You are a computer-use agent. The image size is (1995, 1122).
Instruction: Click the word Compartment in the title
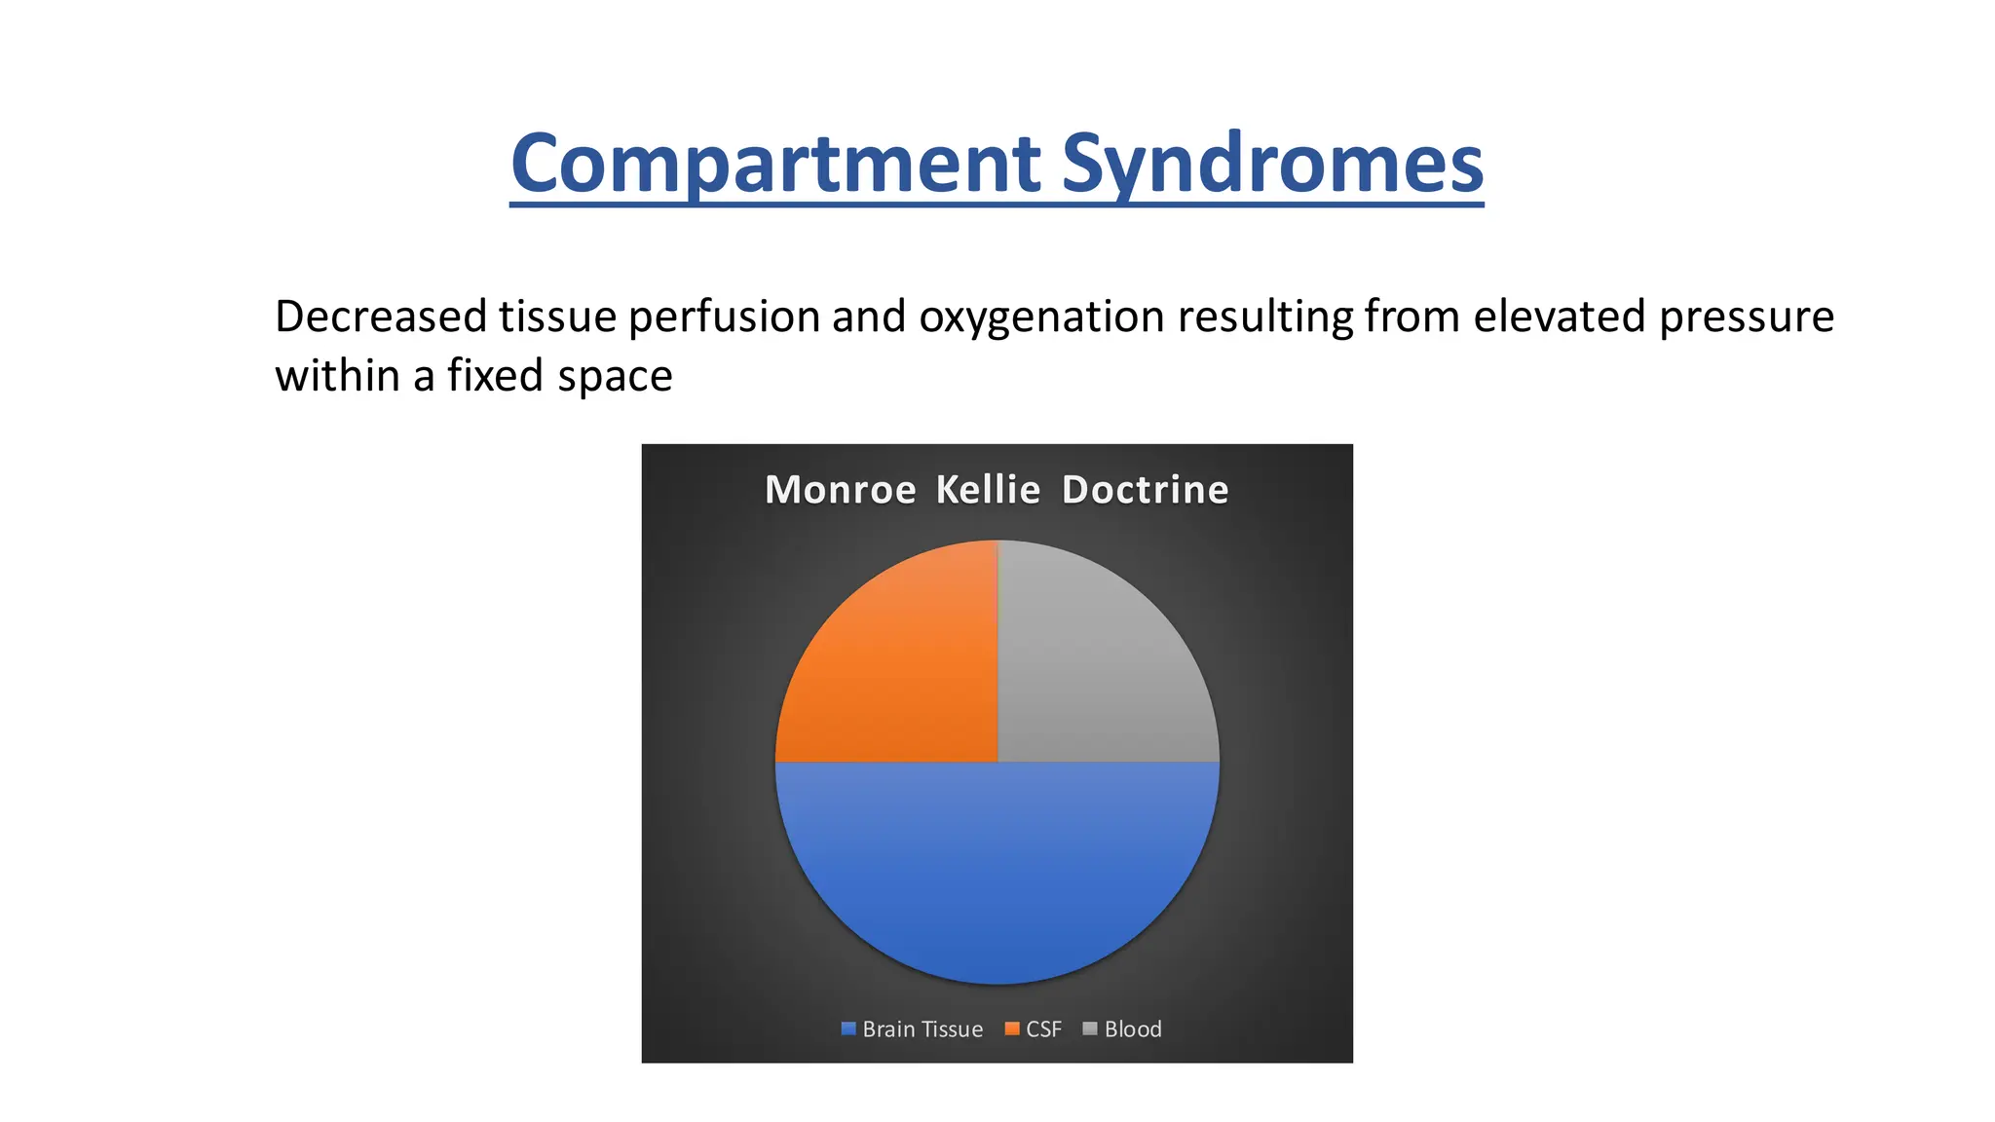pos(775,164)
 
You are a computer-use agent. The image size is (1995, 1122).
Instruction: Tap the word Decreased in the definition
pos(380,317)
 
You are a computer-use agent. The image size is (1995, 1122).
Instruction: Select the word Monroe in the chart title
pos(840,490)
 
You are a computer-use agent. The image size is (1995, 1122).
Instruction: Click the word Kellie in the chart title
pos(988,489)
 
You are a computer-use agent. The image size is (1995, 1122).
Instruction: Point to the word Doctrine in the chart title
pos(1145,489)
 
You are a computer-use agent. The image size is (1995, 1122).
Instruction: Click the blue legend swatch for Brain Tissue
pos(848,1028)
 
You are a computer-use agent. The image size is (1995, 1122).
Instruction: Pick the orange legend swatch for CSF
pos(1012,1028)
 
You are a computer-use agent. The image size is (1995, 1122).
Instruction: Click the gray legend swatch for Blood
pos(1090,1028)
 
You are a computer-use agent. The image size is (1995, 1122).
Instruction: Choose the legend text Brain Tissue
pos(922,1029)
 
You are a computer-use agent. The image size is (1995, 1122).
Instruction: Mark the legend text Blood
pos(1133,1029)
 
